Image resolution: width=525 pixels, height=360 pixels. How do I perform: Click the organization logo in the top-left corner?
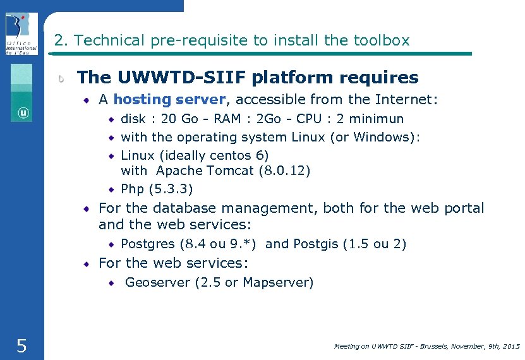(x=21, y=33)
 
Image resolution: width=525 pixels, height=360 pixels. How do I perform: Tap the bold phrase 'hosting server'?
(x=169, y=99)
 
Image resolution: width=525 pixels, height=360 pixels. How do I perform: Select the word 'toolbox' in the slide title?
(x=381, y=40)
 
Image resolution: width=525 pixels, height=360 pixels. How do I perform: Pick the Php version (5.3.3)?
(x=171, y=189)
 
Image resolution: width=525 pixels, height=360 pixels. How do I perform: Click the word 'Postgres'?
(x=148, y=244)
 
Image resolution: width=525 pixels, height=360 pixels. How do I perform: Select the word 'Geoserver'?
(x=157, y=282)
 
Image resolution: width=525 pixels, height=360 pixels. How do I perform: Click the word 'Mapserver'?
(x=277, y=282)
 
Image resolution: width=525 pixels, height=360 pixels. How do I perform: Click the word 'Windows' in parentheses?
(x=383, y=137)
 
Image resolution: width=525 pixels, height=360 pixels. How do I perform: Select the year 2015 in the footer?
(x=510, y=346)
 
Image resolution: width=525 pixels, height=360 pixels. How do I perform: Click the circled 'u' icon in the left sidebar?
(x=23, y=113)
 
